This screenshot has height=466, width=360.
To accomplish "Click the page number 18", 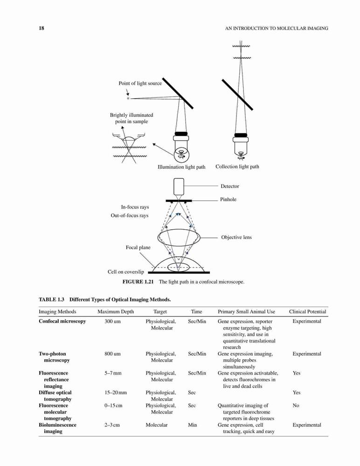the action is [x=42, y=28].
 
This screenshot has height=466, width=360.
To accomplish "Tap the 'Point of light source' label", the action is [x=140, y=83].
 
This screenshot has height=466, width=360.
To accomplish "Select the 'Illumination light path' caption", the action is [x=181, y=167].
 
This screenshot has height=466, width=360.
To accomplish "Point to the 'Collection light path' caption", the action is [x=237, y=167].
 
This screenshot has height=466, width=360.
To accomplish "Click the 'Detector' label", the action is [x=230, y=186].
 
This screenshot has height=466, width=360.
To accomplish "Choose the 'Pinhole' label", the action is [x=228, y=199].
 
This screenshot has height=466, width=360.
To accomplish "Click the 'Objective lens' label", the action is [x=236, y=237].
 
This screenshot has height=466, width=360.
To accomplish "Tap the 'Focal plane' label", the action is [x=138, y=247].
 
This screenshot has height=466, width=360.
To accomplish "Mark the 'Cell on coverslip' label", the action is [x=125, y=272].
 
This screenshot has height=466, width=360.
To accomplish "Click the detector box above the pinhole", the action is [x=179, y=187].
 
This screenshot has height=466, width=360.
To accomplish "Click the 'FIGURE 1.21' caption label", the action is [x=138, y=282].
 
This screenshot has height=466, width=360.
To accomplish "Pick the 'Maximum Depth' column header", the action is [x=116, y=312].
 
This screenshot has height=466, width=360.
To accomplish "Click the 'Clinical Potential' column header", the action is [x=308, y=312].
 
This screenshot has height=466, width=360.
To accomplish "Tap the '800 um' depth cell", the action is [x=112, y=354].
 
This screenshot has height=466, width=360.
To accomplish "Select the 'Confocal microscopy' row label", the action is [x=62, y=321].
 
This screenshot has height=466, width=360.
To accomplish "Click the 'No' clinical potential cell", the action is [x=296, y=405].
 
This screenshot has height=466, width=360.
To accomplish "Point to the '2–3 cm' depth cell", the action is [x=112, y=425].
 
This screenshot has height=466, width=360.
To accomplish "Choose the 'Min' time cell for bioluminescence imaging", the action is [x=192, y=425].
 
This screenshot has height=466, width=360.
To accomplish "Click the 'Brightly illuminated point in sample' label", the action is [x=132, y=118].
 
